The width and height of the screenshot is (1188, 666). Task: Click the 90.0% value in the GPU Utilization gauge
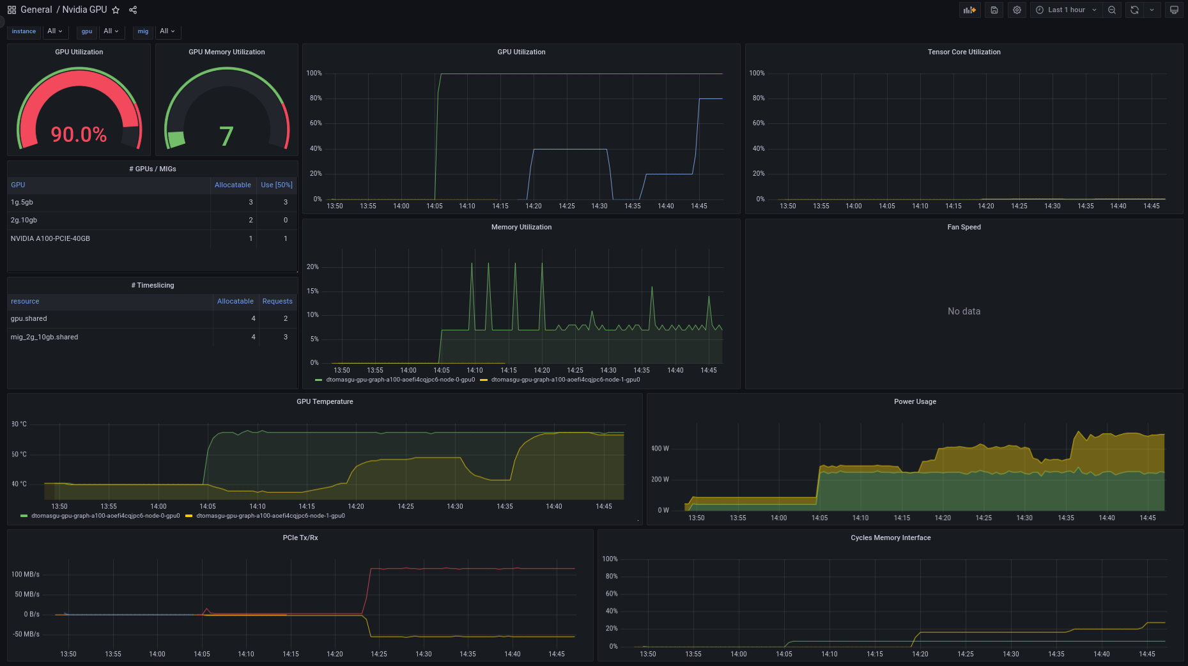pos(79,134)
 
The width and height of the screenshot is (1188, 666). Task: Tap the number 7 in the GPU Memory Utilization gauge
pos(226,136)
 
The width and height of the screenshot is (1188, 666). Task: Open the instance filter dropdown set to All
pos(55,31)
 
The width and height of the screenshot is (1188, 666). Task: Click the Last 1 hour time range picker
pos(1066,10)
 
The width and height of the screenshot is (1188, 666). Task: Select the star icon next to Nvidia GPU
pos(116,10)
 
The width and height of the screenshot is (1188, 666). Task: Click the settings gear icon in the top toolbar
pos(1017,10)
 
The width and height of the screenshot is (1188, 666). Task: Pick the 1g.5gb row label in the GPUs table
pos(22,202)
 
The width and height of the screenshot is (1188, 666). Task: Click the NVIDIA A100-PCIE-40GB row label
pos(50,238)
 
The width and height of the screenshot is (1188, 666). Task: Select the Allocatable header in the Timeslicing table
pos(235,301)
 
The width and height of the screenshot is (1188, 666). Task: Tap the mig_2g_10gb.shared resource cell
pos(44,337)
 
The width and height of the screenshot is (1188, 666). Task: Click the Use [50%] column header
pos(277,185)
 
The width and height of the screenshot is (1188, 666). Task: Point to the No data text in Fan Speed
pos(964,311)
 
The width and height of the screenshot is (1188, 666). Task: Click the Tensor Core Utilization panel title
pos(964,52)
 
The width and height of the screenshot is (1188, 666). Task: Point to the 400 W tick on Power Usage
pos(660,449)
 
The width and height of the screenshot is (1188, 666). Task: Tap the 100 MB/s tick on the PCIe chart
pos(26,574)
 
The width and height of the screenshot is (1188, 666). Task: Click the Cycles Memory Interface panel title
pos(890,538)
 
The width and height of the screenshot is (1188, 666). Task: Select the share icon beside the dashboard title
pos(133,10)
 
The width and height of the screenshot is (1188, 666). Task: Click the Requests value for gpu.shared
pos(286,318)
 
